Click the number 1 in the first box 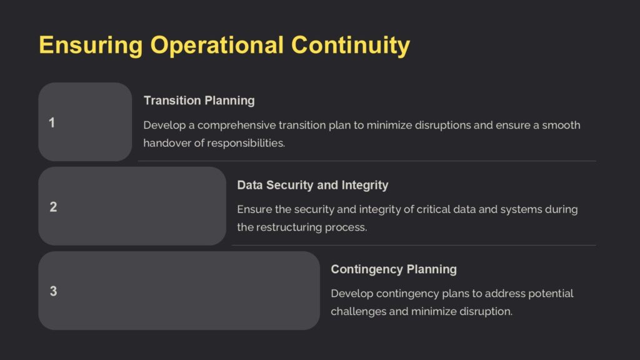pyautogui.click(x=52, y=122)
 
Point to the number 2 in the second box pyautogui.click(x=53, y=207)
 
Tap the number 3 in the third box pyautogui.click(x=53, y=291)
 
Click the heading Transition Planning pyautogui.click(x=199, y=101)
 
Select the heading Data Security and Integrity pyautogui.click(x=312, y=185)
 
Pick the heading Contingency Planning pyautogui.click(x=394, y=269)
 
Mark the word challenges pyautogui.click(x=358, y=311)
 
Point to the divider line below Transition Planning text pyautogui.click(x=366, y=161)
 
